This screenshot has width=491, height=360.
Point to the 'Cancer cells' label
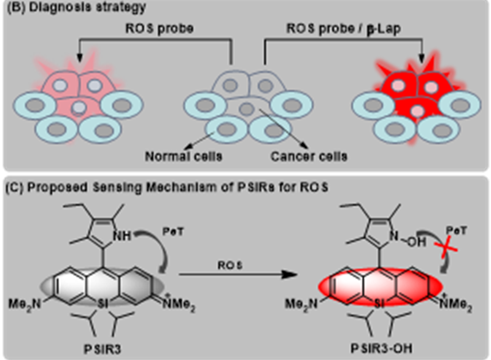[x=308, y=156]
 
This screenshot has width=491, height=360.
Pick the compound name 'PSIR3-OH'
[x=368, y=349]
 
